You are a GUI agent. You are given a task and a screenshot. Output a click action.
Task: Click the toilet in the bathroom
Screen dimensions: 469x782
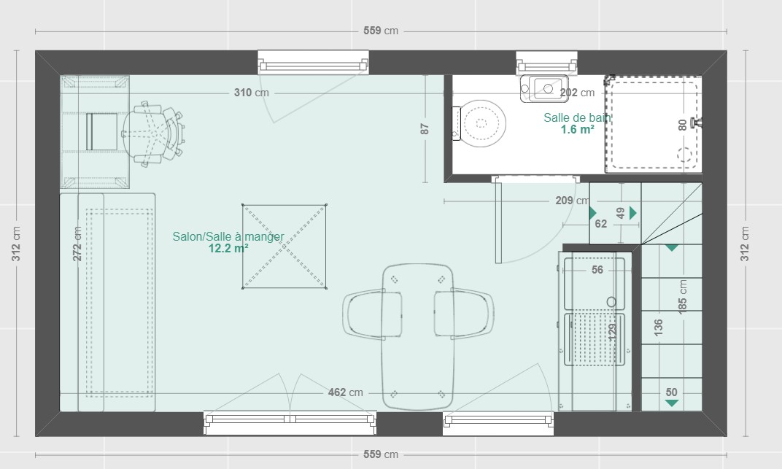pos(480,124)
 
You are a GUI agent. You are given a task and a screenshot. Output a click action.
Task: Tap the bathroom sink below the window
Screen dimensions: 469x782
pos(544,89)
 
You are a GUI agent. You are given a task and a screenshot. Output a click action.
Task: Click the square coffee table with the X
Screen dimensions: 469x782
pos(284,247)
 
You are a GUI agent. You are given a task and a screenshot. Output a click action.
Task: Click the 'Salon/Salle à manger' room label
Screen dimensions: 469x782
pos(228,236)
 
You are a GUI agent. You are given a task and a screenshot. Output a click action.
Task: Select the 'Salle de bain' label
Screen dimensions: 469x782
pos(576,118)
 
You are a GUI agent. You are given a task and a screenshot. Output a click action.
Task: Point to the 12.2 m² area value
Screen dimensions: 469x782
pos(228,248)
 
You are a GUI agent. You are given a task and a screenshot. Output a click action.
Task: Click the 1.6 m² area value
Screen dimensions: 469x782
pos(576,130)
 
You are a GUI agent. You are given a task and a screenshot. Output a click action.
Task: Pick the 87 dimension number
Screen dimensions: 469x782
pos(425,129)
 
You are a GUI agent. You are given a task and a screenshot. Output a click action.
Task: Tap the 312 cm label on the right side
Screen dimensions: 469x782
pos(745,244)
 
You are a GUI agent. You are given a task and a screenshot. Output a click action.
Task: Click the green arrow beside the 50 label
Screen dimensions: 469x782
pos(671,403)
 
